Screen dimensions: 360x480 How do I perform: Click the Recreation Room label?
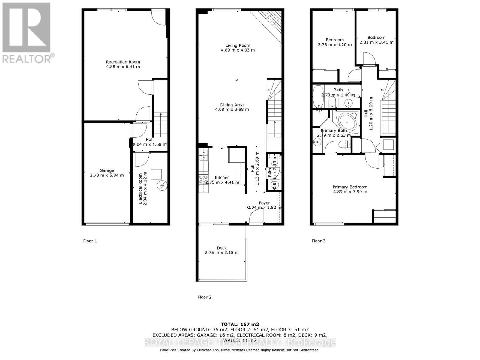click(123, 62)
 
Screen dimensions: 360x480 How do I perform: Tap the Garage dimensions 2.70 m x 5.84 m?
click(107, 175)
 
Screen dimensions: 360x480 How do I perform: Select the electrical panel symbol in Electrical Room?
click(162, 187)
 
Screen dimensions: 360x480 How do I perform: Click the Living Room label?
click(238, 46)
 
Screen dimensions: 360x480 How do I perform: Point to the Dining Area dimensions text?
click(232, 109)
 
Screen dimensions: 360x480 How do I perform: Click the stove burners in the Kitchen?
click(204, 179)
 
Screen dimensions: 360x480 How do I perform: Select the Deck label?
click(222, 248)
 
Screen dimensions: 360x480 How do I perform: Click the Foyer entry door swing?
click(256, 215)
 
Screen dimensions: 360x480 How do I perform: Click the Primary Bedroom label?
click(350, 187)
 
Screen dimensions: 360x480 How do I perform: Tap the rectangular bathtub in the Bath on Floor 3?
click(318, 96)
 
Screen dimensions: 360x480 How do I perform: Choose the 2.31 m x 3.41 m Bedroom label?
click(376, 37)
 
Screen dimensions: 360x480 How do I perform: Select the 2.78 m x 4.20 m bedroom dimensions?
click(334, 44)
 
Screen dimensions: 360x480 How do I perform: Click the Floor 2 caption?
click(204, 297)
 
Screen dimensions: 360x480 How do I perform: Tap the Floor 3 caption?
click(318, 241)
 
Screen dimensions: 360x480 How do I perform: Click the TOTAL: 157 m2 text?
click(240, 324)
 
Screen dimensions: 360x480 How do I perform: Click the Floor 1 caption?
click(90, 241)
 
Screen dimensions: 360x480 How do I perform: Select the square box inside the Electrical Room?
click(156, 174)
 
